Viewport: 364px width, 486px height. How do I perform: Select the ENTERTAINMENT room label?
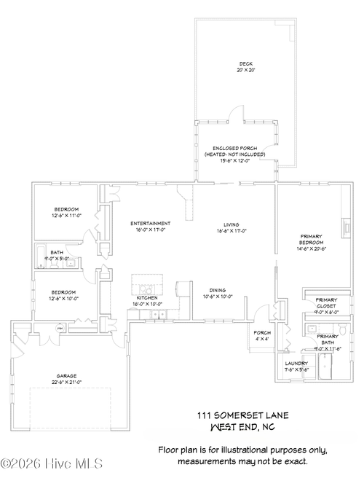(150, 223)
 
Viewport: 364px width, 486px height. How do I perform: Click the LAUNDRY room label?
(296, 363)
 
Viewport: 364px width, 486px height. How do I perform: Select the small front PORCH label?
(262, 332)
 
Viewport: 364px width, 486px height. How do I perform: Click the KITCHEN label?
(147, 298)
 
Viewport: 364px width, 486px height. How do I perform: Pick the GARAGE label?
(66, 377)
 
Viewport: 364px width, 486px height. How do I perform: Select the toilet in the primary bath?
(308, 331)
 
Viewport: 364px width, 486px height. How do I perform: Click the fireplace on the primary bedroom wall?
(347, 227)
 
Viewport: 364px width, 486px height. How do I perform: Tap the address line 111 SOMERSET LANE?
(242, 415)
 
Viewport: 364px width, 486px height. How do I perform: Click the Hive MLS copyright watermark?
(51, 463)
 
